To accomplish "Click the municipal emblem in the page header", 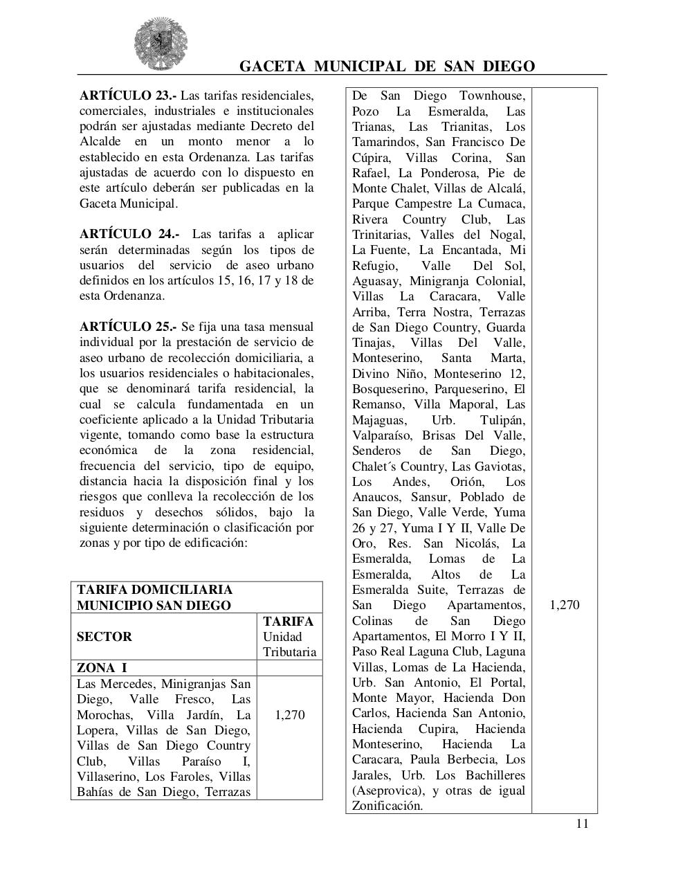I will coord(161,44).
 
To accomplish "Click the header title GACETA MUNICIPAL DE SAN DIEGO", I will coord(387,66).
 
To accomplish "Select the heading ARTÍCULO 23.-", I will coord(128,96).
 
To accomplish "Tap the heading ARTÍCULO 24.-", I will coord(129,234).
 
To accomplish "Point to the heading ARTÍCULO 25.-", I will coord(128,327).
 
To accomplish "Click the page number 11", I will coord(582,823).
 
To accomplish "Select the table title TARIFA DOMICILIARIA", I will coord(154,590).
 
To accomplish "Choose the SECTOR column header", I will coord(104,637).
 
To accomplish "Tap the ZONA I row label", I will coord(102,668).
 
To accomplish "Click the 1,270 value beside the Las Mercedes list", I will coord(289,715).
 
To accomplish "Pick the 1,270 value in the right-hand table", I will coord(564,605).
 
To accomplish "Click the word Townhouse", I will coord(492,96).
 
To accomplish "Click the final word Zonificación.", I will coord(387,806).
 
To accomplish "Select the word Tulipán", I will coord(502,420).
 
